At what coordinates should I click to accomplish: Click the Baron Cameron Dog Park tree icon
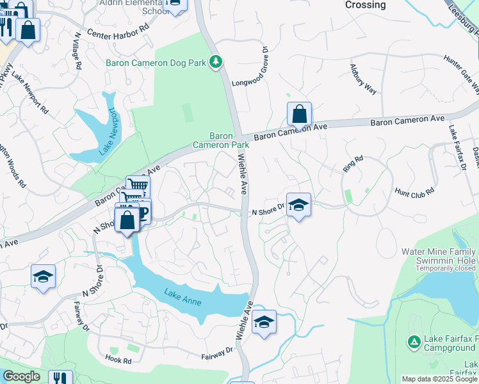[x=218, y=61]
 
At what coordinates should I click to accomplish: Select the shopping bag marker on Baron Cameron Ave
[x=299, y=115]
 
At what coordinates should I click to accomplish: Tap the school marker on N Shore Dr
[x=298, y=205]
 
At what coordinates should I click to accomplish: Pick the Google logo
[x=21, y=376]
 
